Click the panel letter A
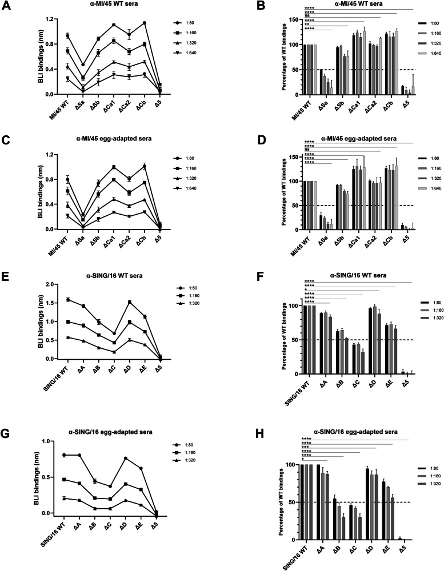pyautogui.click(x=7, y=7)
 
